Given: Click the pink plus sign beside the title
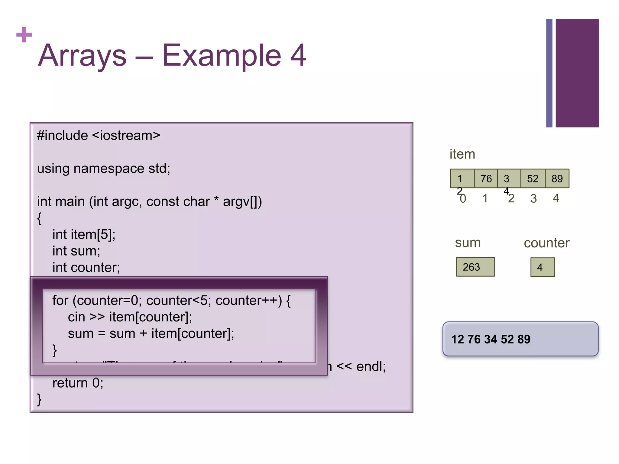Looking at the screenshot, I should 24,35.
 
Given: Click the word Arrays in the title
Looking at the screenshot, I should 82,56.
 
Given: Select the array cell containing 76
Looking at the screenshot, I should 486,179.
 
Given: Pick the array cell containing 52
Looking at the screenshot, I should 533,179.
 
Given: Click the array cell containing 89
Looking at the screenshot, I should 557,179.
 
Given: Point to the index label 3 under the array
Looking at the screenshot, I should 533,198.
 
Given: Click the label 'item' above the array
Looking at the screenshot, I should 462,154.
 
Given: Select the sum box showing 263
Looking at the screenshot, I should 475,267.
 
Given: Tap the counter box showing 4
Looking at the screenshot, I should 543,267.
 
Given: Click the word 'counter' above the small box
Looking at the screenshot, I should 546,243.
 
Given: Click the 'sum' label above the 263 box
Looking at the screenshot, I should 468,243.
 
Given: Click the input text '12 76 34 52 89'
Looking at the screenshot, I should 491,339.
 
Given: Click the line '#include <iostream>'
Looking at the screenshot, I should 99,135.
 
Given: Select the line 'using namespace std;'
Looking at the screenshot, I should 104,168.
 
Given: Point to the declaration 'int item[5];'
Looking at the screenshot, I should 84,234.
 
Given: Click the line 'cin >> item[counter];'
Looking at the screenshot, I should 130,317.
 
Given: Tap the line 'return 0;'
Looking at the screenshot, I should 78,383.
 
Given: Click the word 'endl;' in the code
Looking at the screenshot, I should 371,366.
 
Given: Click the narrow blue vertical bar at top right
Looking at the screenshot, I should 549,73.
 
